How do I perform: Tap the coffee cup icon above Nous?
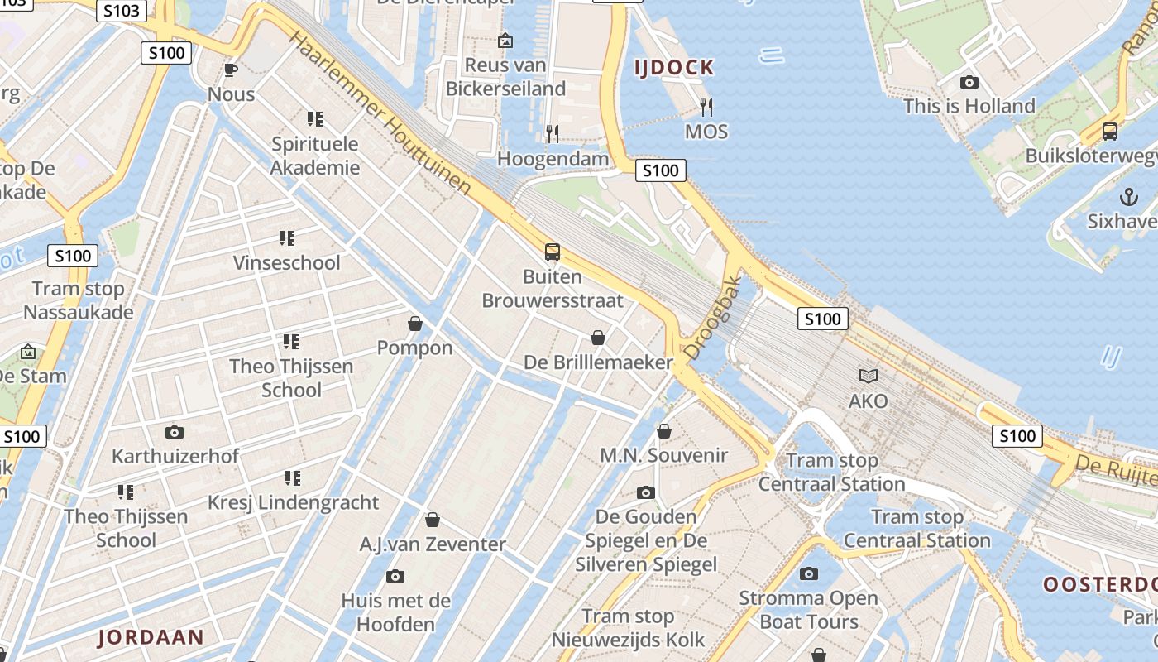[x=231, y=70]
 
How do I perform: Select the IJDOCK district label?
[x=674, y=68]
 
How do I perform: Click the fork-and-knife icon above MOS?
[x=706, y=107]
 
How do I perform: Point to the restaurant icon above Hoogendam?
[x=553, y=133]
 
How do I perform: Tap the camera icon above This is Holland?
[x=969, y=82]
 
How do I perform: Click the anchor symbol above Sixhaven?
[x=1128, y=197]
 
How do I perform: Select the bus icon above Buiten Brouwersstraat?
[x=553, y=252]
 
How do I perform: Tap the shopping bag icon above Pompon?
[x=415, y=324]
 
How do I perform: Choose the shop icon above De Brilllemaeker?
[x=598, y=338]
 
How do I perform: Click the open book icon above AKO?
[x=868, y=377]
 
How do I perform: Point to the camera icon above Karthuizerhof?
[x=175, y=432]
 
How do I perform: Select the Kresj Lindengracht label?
[x=293, y=502]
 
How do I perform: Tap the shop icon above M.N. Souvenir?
[x=663, y=431]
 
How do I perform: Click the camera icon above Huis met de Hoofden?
[x=395, y=576]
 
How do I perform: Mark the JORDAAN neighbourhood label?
[x=151, y=637]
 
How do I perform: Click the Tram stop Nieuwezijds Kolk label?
[x=629, y=628]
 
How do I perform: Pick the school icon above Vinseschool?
[x=287, y=239]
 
